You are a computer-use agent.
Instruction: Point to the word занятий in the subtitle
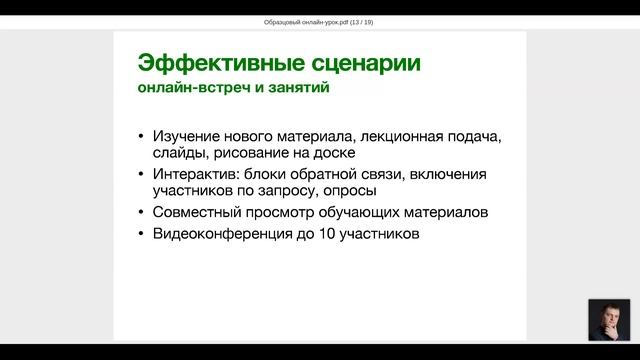pyautogui.click(x=296, y=88)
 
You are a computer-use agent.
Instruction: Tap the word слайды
pyautogui.click(x=180, y=155)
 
